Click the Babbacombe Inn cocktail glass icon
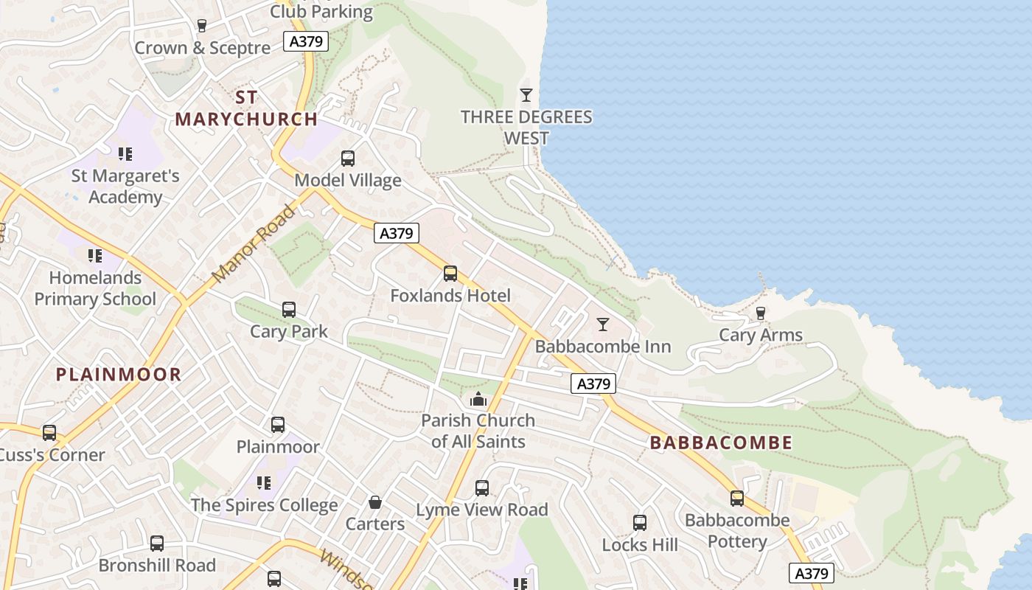603,324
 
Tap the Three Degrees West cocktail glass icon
526,94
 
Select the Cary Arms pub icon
761,313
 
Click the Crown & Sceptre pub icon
202,26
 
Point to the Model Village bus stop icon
348,158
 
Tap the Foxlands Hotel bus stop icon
450,274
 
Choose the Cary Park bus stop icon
289,310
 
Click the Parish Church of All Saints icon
478,399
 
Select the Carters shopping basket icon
375,502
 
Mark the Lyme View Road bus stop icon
482,487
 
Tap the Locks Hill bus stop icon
640,523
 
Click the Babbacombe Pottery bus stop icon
737,498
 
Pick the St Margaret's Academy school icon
125,154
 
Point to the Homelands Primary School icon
95,256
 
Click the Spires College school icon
264,483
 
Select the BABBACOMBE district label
722,442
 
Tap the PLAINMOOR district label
119,374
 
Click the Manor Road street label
254,243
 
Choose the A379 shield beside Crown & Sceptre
306,41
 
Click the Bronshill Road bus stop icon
157,544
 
